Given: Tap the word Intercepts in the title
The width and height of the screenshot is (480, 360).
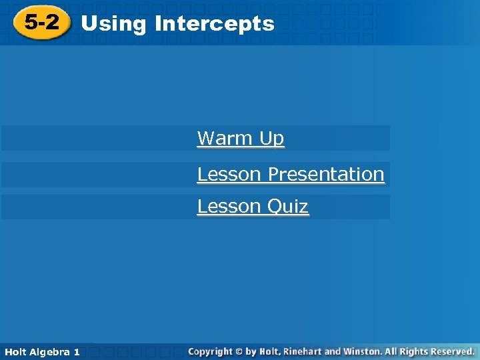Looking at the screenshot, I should pyautogui.click(x=214, y=24).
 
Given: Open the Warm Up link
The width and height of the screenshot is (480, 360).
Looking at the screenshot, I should pyautogui.click(x=241, y=139).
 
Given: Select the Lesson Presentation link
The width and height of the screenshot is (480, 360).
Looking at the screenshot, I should pyautogui.click(x=291, y=174).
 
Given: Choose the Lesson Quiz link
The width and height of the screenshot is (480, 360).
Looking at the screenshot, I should pyautogui.click(x=253, y=207).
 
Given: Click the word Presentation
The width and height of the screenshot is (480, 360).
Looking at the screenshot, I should pyautogui.click(x=326, y=174).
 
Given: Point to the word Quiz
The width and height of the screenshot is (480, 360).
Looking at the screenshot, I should pyautogui.click(x=289, y=207).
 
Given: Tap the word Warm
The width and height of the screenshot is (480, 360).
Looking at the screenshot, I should pyautogui.click(x=225, y=139).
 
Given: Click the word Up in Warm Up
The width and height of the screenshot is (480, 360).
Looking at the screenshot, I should pyautogui.click(x=272, y=139).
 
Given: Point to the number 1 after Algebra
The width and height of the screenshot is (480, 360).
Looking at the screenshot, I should pyautogui.click(x=77, y=351).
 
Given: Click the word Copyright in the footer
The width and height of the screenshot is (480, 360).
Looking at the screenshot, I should pyautogui.click(x=211, y=351).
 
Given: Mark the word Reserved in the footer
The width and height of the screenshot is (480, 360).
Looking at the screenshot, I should pyautogui.click(x=451, y=351).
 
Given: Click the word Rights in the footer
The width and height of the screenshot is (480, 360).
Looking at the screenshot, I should pyautogui.click(x=413, y=351).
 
